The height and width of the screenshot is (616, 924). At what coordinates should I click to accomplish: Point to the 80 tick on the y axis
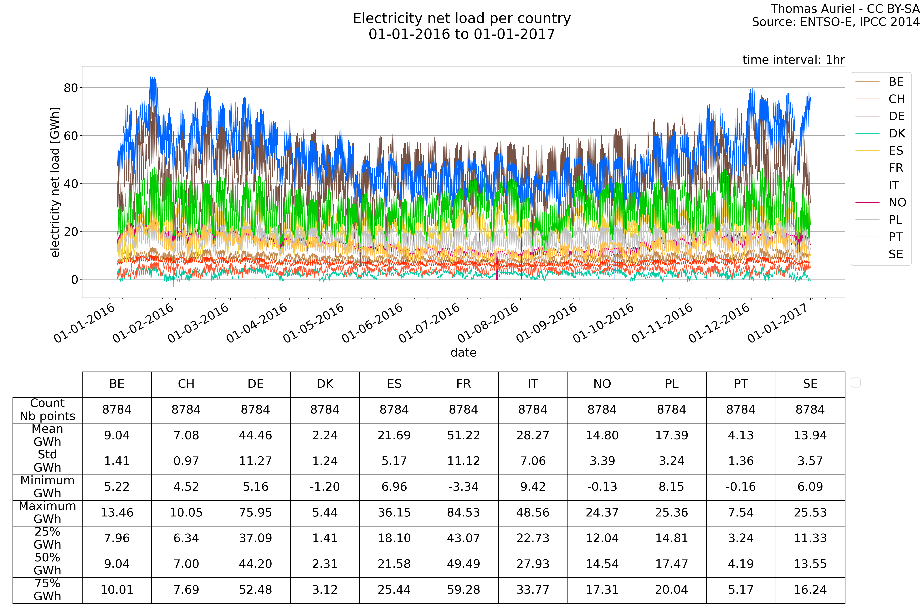click(x=71, y=88)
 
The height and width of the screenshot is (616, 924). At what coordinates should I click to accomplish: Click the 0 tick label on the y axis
click(x=75, y=280)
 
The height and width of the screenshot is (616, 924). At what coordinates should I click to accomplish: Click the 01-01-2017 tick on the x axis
click(x=778, y=323)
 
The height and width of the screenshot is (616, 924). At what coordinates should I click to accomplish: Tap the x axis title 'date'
click(x=464, y=353)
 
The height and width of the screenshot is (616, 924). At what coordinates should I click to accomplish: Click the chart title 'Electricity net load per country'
click(x=462, y=18)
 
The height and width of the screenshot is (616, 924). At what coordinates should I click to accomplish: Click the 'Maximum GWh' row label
click(x=48, y=513)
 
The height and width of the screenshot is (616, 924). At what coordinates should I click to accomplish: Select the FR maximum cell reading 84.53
click(x=464, y=513)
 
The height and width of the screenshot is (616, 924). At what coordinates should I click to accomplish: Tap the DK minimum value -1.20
click(x=325, y=487)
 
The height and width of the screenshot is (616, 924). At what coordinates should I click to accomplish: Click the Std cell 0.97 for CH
click(x=186, y=461)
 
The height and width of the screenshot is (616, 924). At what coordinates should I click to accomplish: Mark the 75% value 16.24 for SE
click(x=810, y=590)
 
